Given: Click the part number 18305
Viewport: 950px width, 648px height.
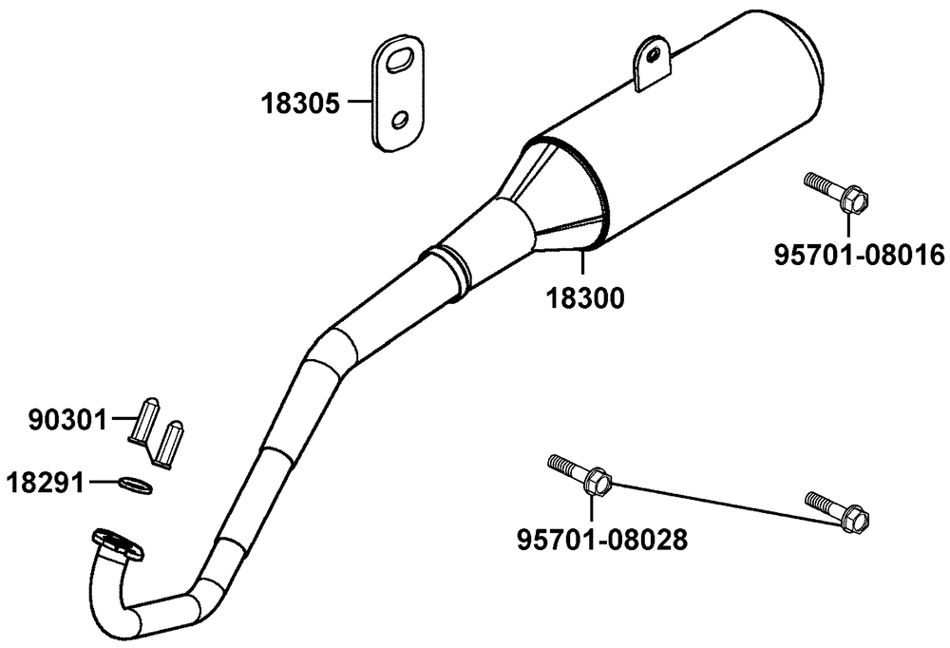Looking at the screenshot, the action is [x=300, y=104].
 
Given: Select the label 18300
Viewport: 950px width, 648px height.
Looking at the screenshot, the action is [x=585, y=297].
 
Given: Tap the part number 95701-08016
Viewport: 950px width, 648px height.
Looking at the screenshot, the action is [x=860, y=255].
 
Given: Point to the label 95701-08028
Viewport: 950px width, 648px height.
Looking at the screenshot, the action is [x=601, y=540].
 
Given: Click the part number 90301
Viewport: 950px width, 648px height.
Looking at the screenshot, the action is [x=67, y=419].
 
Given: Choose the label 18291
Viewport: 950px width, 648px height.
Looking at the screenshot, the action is [x=45, y=483].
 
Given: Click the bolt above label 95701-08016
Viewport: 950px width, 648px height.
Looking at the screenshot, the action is [x=837, y=192].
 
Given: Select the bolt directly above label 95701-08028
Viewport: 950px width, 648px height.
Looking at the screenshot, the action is [x=579, y=474].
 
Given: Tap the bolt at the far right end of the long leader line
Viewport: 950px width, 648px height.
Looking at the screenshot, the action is [x=837, y=511].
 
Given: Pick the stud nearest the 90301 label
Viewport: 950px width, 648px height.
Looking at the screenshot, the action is [x=144, y=419].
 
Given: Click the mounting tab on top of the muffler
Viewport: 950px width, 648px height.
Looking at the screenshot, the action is [x=654, y=62].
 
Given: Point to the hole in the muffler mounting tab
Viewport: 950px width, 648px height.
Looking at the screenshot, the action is [x=654, y=55].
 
